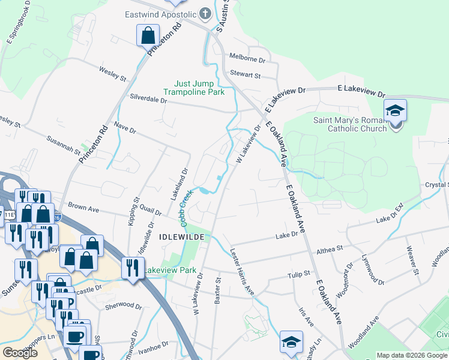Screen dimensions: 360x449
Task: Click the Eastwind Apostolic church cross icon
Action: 205,14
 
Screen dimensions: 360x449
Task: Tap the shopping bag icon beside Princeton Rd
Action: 148,35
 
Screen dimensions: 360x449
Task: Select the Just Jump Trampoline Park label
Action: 194,88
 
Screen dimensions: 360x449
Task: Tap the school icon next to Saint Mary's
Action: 396,111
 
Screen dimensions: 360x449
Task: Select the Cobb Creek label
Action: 185,209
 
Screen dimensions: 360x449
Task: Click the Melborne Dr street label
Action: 247,59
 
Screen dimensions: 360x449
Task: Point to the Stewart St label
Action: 245,75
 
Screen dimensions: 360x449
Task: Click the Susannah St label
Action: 64,145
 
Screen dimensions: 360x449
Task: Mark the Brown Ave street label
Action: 83,208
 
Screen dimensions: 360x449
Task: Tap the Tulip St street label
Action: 298,274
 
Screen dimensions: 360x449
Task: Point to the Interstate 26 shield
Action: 58,218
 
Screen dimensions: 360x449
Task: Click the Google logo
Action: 20,353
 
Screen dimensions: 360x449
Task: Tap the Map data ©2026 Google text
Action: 411,355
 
